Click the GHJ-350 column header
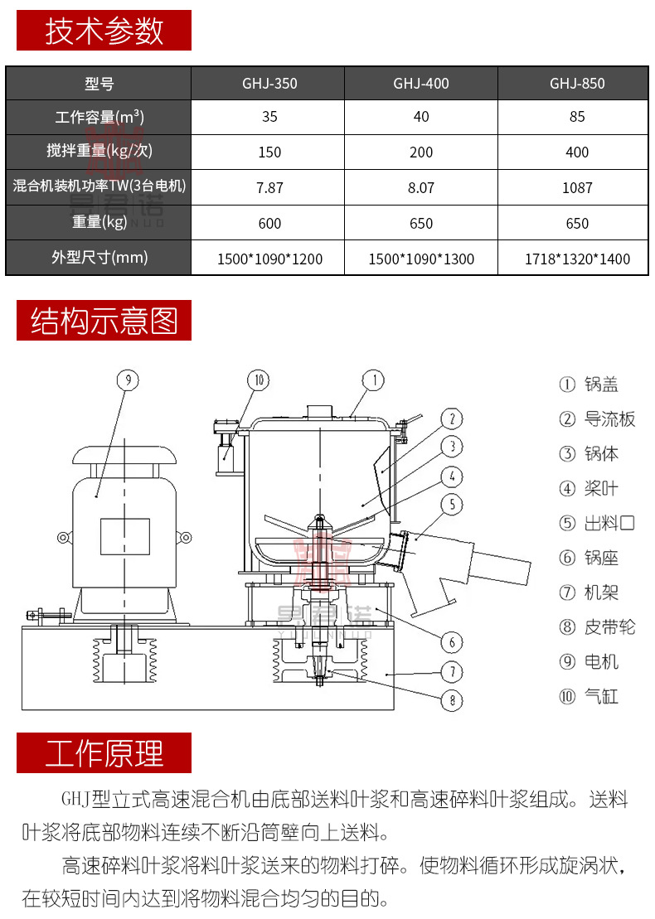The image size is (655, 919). pos(269,84)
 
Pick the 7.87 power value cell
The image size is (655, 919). pos(269,188)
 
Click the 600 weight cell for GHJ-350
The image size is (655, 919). pos(269,224)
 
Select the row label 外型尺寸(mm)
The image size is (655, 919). pos(99,258)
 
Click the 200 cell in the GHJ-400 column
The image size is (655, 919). pos(421,152)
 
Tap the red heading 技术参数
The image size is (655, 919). pos(104,31)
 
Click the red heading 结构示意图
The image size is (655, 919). pos(104,321)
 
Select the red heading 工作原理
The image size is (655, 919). pos(104,753)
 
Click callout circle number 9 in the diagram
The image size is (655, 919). pos(127,380)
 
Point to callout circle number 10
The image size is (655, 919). pos(259,380)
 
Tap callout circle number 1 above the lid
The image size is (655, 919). pos(373,380)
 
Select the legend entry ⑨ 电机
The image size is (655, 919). pos(589,662)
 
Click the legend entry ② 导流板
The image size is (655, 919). pos(597,419)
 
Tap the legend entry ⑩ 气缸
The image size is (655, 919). pos(589,697)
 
